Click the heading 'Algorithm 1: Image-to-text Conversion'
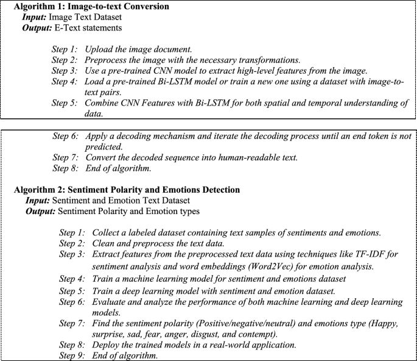click(91, 6)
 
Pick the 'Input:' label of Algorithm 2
click(38, 200)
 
